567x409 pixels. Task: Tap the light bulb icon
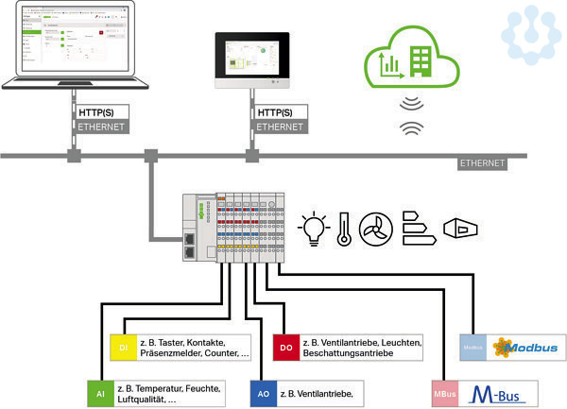pyautogui.click(x=313, y=227)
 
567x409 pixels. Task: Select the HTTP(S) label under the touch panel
pyautogui.click(x=276, y=112)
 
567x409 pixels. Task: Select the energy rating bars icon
pyautogui.click(x=417, y=227)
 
